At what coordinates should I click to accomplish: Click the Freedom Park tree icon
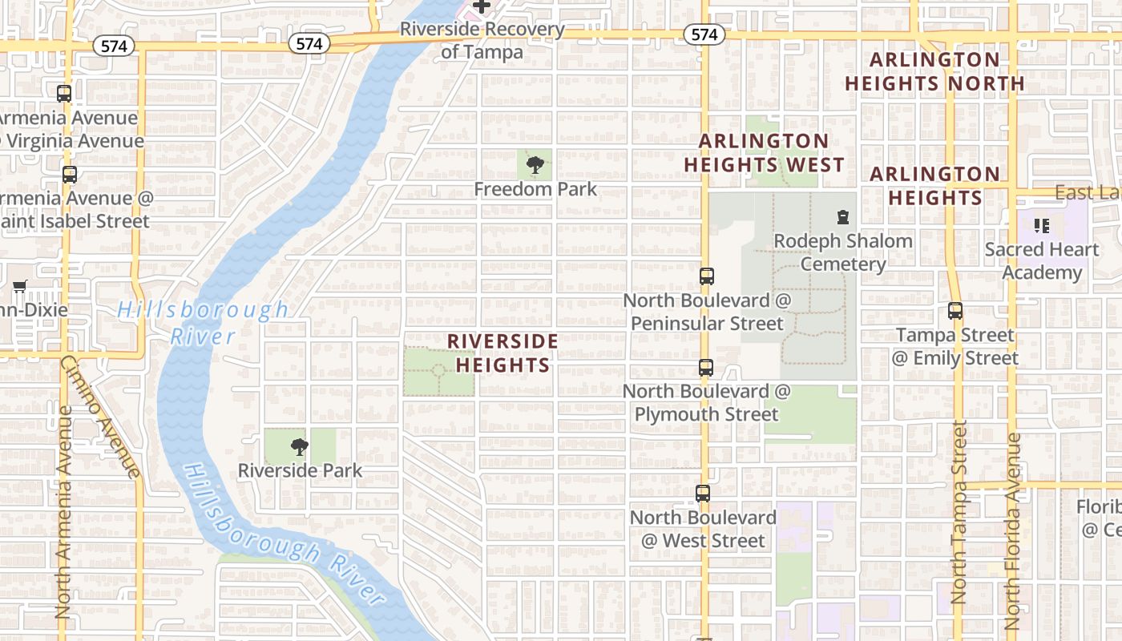coord(535,166)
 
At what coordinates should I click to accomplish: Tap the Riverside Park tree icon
coord(300,447)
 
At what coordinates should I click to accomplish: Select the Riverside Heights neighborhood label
coord(502,353)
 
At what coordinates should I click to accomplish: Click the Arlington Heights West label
coord(763,153)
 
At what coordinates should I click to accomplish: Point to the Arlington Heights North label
coord(934,71)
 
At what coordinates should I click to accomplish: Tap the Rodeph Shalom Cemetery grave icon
coord(842,217)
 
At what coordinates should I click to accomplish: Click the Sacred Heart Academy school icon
coord(1041,226)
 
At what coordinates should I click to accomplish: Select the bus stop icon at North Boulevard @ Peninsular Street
coord(706,276)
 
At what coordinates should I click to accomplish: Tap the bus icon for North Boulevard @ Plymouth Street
coord(705,368)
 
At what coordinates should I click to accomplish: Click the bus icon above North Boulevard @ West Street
coord(703,494)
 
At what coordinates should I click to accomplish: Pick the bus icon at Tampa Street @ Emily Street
coord(955,311)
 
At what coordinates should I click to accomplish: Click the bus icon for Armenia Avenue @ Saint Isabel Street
coord(70,175)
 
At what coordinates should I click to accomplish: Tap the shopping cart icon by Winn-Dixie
coord(20,286)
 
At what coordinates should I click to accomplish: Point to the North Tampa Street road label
coord(959,513)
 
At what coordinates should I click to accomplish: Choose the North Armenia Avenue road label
coord(64,513)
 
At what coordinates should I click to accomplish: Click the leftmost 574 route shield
coord(114,46)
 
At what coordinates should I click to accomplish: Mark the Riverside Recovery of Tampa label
coord(482,41)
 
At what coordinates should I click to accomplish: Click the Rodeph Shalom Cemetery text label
coord(843,252)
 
